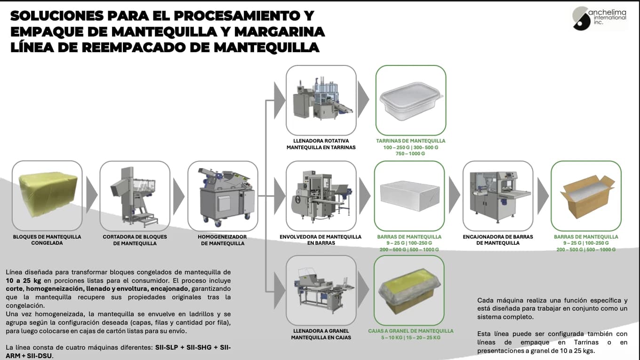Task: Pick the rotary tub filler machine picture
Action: pyautogui.click(x=321, y=100)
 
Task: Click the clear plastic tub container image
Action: pyautogui.click(x=410, y=100)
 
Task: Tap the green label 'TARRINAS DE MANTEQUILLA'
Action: pyautogui.click(x=410, y=141)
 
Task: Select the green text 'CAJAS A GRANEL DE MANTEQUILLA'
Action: pyautogui.click(x=410, y=331)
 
